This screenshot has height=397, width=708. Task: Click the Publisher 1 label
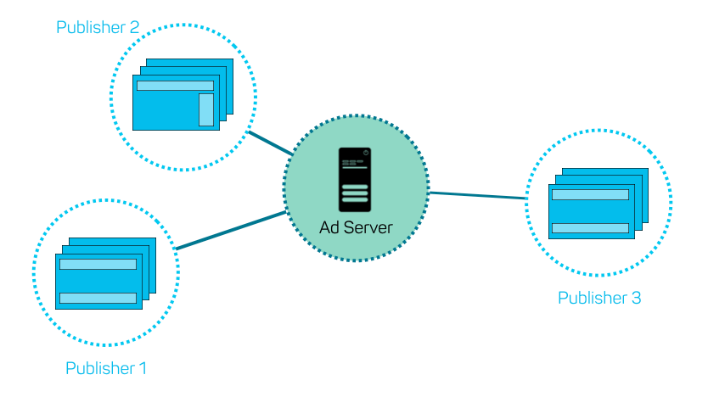(106, 368)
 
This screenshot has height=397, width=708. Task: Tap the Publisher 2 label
(98, 27)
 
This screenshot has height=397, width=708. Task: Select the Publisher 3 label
(599, 298)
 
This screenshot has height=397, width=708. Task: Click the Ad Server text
(356, 227)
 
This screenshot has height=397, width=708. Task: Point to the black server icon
(355, 180)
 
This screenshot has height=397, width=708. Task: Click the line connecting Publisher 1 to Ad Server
(229, 230)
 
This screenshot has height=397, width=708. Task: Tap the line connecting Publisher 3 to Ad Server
(480, 196)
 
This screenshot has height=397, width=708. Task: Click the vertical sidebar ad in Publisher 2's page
(206, 109)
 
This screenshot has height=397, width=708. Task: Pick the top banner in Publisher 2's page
(175, 86)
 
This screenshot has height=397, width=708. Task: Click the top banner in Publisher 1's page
(98, 264)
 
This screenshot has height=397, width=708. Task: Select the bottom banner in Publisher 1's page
(98, 298)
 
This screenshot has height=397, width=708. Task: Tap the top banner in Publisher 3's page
(590, 194)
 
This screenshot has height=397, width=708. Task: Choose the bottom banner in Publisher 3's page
(590, 227)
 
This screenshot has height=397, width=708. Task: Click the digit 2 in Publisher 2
(134, 27)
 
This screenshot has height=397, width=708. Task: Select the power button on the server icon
(365, 154)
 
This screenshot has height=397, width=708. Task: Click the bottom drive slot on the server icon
(355, 200)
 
